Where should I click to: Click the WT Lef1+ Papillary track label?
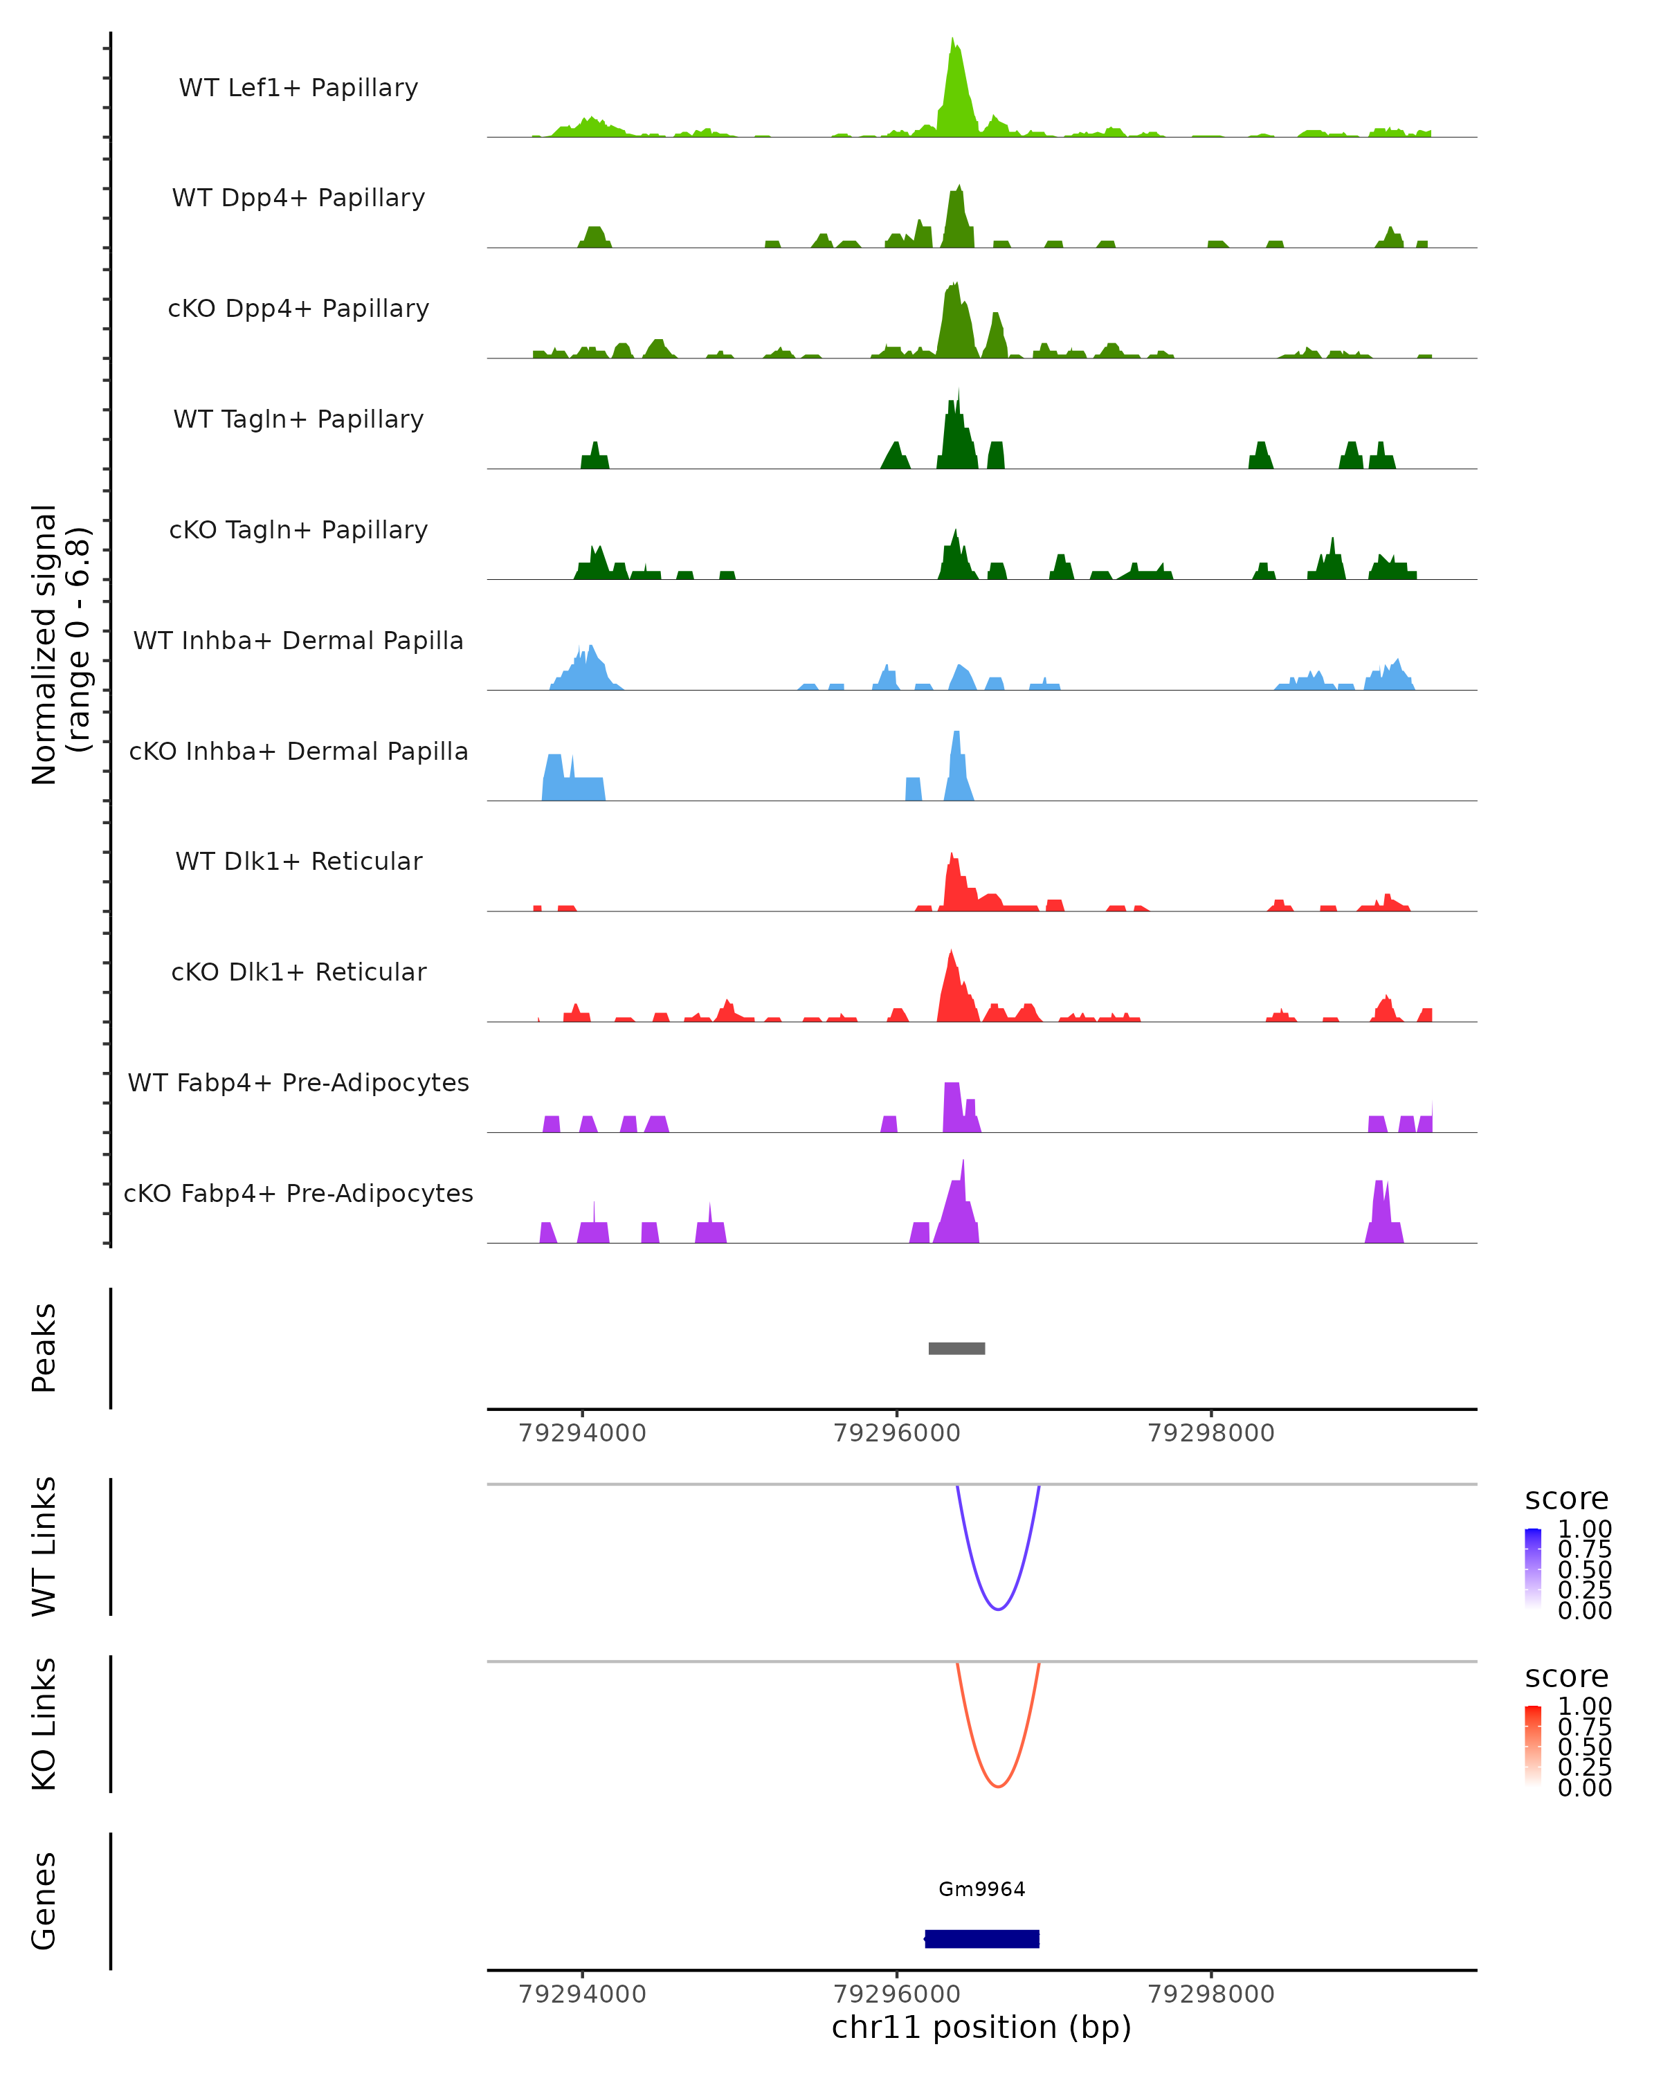coord(298,88)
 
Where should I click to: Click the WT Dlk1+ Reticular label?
coord(298,861)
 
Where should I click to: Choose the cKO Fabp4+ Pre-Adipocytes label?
coord(298,1193)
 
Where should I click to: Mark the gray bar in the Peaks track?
coord(956,1348)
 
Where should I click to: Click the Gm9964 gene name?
coord(981,1888)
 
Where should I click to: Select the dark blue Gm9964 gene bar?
coord(981,1938)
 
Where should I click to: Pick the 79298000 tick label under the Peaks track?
coord(1210,1433)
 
